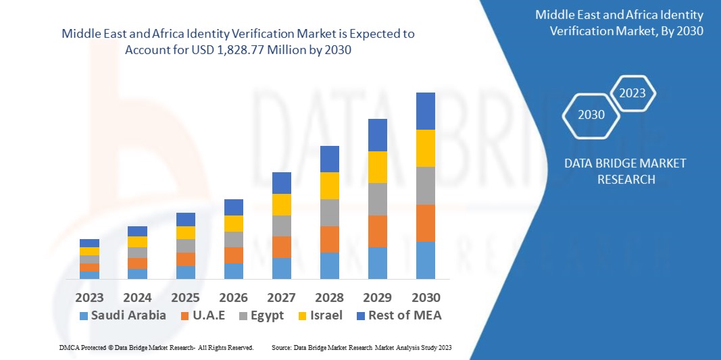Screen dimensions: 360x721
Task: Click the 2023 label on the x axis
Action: click(89, 297)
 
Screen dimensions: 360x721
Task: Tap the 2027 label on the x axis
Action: click(281, 297)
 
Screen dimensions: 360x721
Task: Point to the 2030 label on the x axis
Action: click(426, 297)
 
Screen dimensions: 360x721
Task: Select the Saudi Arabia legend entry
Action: click(122, 315)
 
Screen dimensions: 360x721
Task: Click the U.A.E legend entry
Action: click(207, 315)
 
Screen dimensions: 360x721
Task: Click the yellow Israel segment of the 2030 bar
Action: click(426, 148)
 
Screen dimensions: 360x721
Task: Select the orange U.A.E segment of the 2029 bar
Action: click(378, 231)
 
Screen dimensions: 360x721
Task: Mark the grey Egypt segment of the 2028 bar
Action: click(329, 212)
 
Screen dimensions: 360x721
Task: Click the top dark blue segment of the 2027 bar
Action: click(281, 183)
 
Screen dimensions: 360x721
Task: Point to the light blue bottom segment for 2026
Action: click(233, 271)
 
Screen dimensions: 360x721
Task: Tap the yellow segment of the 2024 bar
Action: click(137, 242)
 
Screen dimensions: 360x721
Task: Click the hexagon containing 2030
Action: click(592, 115)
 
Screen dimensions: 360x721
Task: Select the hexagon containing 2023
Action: click(633, 93)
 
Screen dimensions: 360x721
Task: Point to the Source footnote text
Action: click(361, 347)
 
